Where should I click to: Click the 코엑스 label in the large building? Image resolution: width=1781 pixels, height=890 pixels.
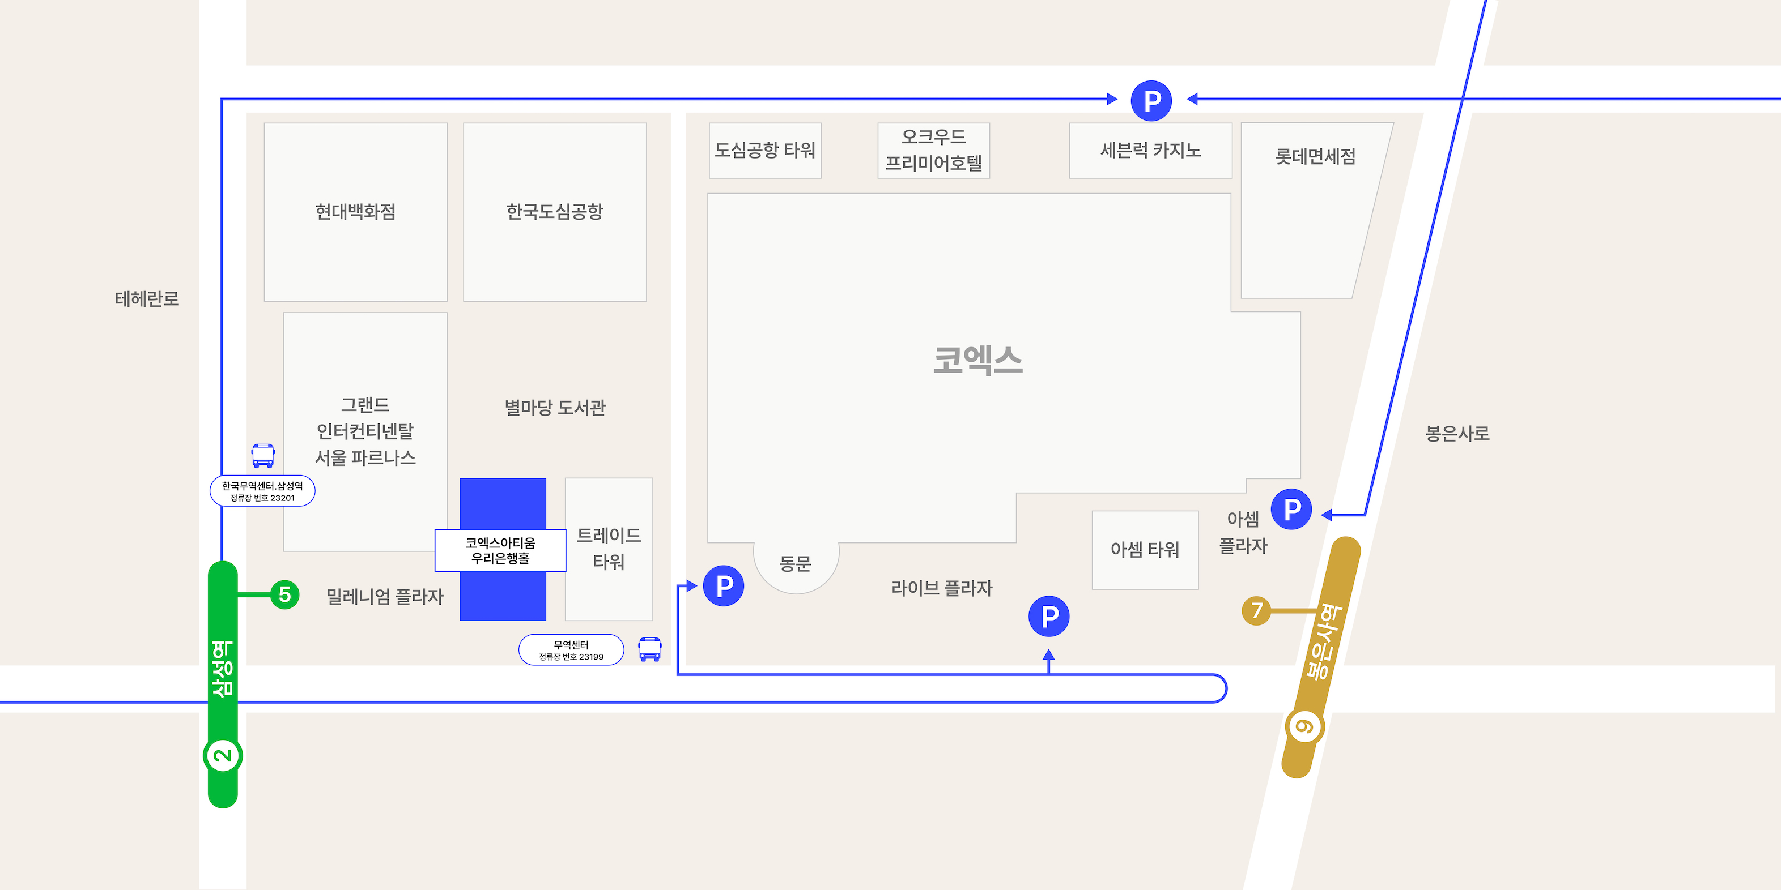tap(977, 361)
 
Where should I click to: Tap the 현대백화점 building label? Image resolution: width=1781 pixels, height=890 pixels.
tap(355, 211)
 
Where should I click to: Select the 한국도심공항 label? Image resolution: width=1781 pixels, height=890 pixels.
tap(555, 211)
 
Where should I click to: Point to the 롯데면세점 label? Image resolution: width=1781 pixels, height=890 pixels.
tap(1315, 157)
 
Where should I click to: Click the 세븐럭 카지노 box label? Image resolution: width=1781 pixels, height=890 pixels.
tap(1150, 151)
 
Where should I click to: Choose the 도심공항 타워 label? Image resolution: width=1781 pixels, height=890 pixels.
tap(764, 151)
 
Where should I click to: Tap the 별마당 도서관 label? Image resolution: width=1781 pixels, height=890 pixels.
tap(555, 408)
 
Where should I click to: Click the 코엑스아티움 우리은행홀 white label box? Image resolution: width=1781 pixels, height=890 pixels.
tap(500, 551)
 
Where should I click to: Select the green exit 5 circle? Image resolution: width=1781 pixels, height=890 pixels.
tap(284, 594)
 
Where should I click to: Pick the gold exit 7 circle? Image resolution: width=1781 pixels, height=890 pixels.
tap(1256, 611)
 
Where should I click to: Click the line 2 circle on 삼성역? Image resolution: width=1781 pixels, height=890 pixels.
tap(223, 755)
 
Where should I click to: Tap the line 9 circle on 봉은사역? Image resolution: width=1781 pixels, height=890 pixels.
tap(1304, 727)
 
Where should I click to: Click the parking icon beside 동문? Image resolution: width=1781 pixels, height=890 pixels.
tap(723, 586)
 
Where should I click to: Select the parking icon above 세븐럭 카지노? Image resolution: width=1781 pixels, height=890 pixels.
tap(1151, 101)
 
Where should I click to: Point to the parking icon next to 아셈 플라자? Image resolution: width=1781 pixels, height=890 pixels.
tap(1291, 510)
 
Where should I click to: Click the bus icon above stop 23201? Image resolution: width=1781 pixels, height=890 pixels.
tap(263, 455)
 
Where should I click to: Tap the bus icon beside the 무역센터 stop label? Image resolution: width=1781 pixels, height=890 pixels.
tap(650, 649)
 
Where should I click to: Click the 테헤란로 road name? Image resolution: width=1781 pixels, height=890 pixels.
tap(147, 298)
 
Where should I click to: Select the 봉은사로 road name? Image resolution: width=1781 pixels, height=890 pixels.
tap(1457, 433)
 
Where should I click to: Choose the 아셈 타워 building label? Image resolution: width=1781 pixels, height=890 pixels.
tap(1145, 549)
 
